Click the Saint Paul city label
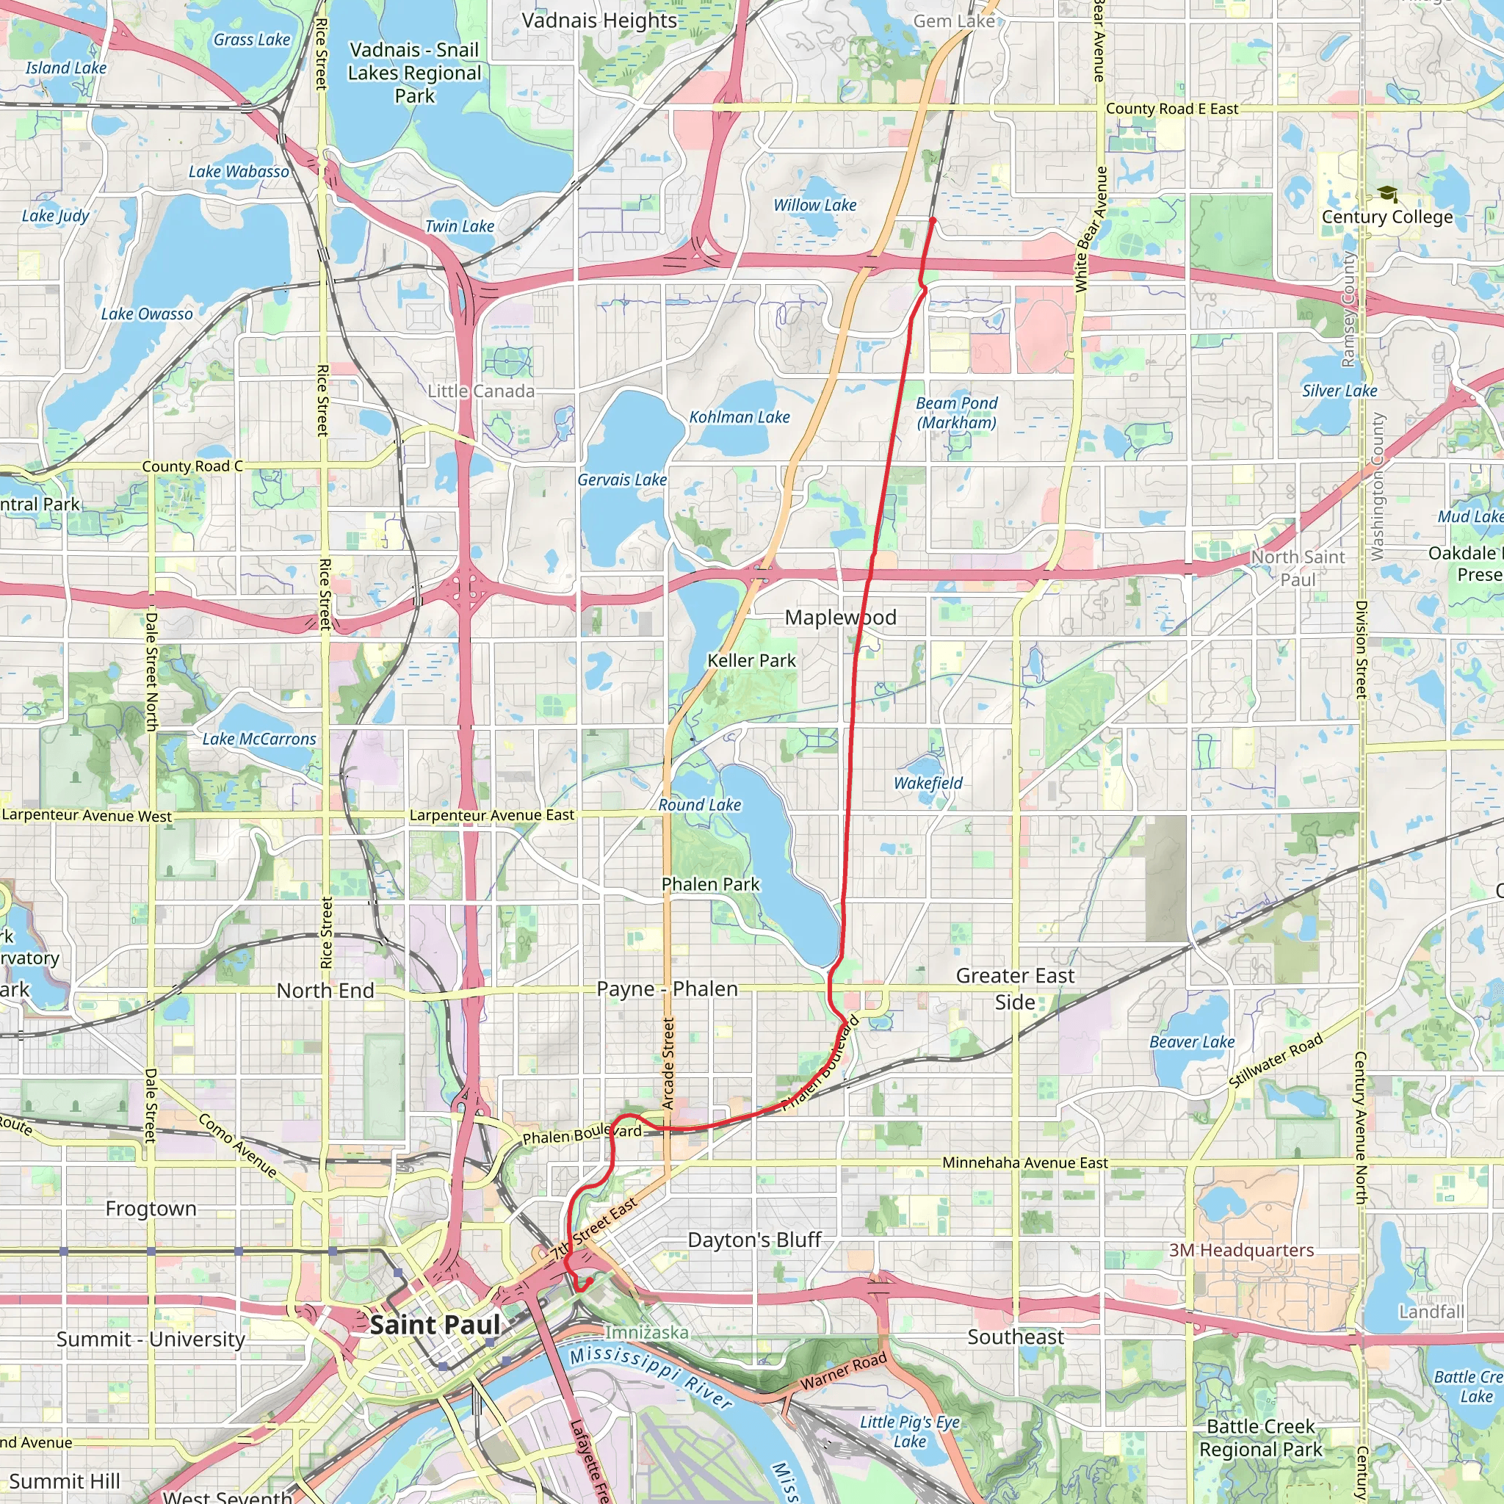click(x=435, y=1324)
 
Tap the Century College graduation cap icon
click(x=1386, y=194)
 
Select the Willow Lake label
click(x=814, y=205)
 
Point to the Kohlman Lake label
click(x=739, y=417)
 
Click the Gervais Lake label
click(x=621, y=480)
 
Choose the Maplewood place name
click(x=840, y=618)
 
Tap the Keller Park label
click(x=751, y=660)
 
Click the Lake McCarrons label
click(x=259, y=739)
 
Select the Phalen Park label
click(x=710, y=883)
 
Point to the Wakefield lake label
click(x=928, y=782)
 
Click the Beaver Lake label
click(x=1192, y=1041)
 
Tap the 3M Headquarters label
click(x=1241, y=1249)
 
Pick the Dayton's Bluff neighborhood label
click(x=754, y=1240)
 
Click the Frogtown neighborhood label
click(x=151, y=1208)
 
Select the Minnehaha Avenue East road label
click(x=1024, y=1163)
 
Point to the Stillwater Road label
click(x=1275, y=1060)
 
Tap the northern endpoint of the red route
click(x=933, y=221)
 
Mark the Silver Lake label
click(x=1339, y=391)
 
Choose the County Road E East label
click(x=1171, y=109)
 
